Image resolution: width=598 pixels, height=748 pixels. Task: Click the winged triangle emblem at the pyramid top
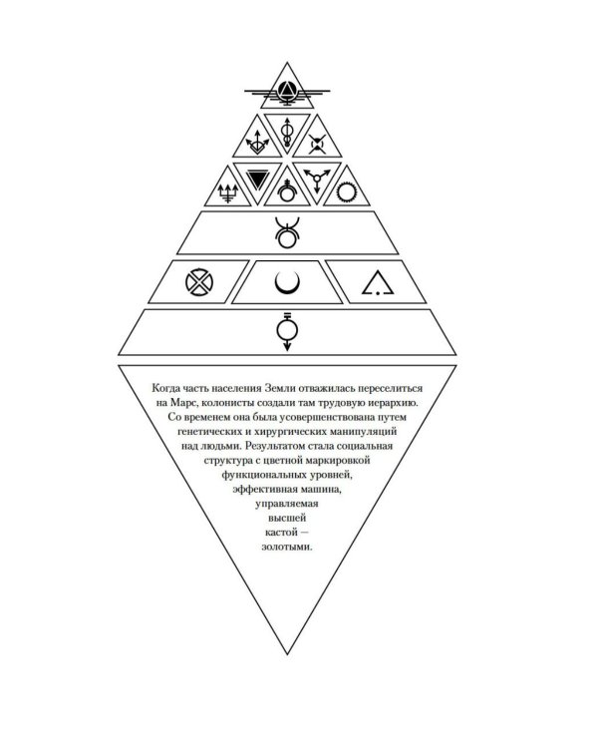click(287, 91)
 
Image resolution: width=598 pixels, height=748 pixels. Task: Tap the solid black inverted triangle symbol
click(257, 180)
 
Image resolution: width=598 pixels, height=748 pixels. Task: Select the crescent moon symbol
click(287, 284)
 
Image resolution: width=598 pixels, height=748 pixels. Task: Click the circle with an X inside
click(199, 282)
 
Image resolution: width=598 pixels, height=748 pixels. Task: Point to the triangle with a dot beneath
click(378, 283)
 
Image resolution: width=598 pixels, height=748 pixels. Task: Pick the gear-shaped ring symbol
click(347, 192)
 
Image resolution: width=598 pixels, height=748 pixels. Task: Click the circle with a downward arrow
click(287, 331)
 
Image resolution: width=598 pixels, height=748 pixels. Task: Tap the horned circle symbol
click(287, 232)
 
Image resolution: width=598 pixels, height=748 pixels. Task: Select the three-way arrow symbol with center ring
click(317, 180)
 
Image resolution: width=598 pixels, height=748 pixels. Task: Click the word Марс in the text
click(182, 403)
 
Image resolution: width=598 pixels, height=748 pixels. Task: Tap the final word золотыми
click(287, 547)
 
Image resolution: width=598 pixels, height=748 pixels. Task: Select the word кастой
click(281, 532)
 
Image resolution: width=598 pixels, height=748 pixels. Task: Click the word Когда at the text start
click(166, 388)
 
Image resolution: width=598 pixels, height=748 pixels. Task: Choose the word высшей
click(287, 518)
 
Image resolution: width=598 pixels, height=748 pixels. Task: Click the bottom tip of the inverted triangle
click(287, 654)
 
